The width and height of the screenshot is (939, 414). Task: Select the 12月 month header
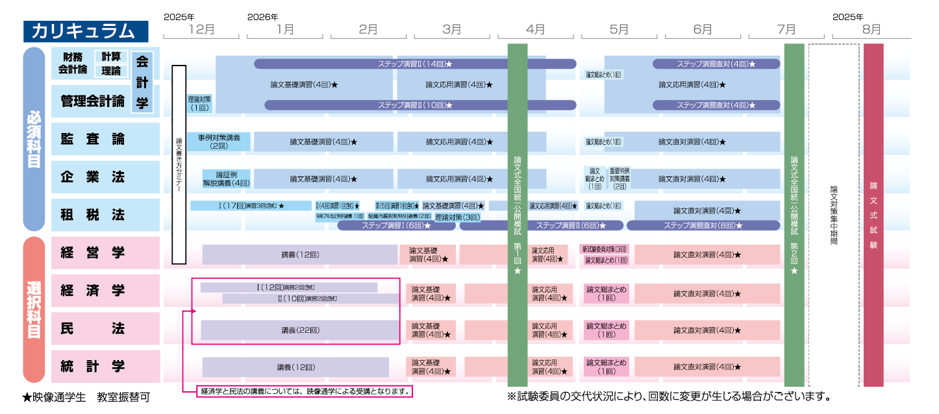[201, 29]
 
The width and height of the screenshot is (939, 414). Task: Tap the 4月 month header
[536, 29]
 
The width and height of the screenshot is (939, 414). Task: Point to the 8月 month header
[871, 29]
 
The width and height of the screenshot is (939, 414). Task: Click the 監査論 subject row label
[92, 139]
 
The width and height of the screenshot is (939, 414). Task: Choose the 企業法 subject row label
[92, 177]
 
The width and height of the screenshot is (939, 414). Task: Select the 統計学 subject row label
[92, 366]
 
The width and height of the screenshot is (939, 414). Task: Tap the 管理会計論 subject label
[92, 101]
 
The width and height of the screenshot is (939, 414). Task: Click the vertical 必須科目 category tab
[34, 139]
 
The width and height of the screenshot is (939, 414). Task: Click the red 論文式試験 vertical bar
[873, 214]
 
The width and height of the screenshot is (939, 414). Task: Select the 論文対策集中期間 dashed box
[834, 214]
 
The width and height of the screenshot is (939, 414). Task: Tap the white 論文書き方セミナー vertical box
[179, 165]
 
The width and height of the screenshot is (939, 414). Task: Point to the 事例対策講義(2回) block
[219, 141]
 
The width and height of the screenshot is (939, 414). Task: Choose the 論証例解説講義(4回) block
[225, 178]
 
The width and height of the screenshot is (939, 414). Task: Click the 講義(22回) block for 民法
[300, 330]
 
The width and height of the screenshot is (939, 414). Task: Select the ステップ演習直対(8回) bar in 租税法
[703, 225]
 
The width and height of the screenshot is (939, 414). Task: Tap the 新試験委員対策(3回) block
[605, 249]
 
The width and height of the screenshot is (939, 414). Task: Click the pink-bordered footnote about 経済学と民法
[305, 391]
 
